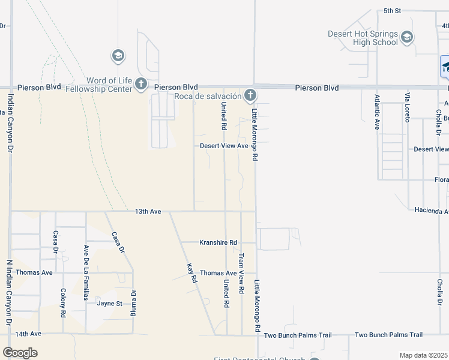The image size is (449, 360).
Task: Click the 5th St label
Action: click(x=392, y=11)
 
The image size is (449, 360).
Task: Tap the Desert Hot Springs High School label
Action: click(x=363, y=38)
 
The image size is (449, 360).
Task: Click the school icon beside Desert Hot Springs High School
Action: click(x=407, y=38)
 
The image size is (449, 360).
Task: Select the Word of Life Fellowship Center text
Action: click(x=109, y=85)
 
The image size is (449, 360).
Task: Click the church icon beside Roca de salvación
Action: click(x=250, y=95)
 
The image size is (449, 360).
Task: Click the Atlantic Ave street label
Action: click(x=377, y=112)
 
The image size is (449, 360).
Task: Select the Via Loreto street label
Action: click(x=407, y=108)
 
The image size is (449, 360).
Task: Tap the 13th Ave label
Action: click(x=148, y=211)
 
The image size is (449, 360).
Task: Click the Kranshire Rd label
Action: click(x=218, y=242)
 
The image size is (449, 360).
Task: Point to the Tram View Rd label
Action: click(x=241, y=274)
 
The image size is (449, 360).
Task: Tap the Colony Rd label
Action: click(x=63, y=303)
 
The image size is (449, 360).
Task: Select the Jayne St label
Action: click(x=110, y=304)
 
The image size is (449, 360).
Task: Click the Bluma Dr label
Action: click(x=134, y=304)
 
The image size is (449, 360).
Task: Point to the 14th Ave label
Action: click(x=28, y=334)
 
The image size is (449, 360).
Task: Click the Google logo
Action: click(x=20, y=353)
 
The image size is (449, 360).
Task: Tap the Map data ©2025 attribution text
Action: click(x=424, y=355)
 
